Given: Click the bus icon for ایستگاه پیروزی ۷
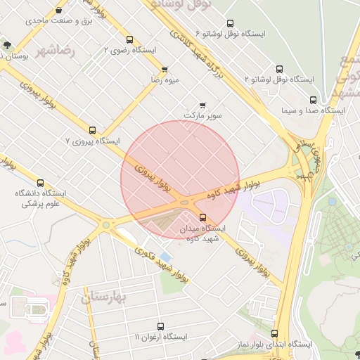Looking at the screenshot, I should pyautogui.click(x=92, y=129).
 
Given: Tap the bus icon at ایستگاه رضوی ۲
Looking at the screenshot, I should pyautogui.click(x=130, y=39).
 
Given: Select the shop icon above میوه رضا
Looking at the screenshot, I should pyautogui.click(x=165, y=70).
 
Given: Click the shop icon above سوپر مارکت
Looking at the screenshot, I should pyautogui.click(x=202, y=104).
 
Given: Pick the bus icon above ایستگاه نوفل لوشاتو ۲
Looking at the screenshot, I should pyautogui.click(x=280, y=69).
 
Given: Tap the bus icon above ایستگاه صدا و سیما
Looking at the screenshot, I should pyautogui.click(x=313, y=100).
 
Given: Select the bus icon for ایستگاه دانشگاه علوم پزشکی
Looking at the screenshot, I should pyautogui.click(x=40, y=182).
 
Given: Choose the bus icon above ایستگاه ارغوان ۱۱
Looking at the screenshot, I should pyautogui.click(x=161, y=326).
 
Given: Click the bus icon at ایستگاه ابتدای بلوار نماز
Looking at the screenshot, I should pyautogui.click(x=274, y=333).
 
